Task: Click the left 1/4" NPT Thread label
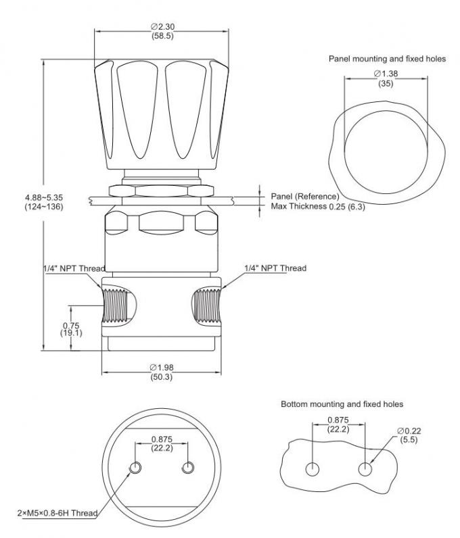(x=73, y=268)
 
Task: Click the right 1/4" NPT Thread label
(x=275, y=268)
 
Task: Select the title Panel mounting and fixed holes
(x=387, y=59)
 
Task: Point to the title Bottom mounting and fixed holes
(x=342, y=404)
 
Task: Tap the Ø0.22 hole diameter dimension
(x=408, y=435)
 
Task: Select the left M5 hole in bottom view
(x=136, y=468)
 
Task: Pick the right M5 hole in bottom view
(x=188, y=468)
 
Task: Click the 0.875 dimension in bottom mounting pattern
(x=338, y=424)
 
